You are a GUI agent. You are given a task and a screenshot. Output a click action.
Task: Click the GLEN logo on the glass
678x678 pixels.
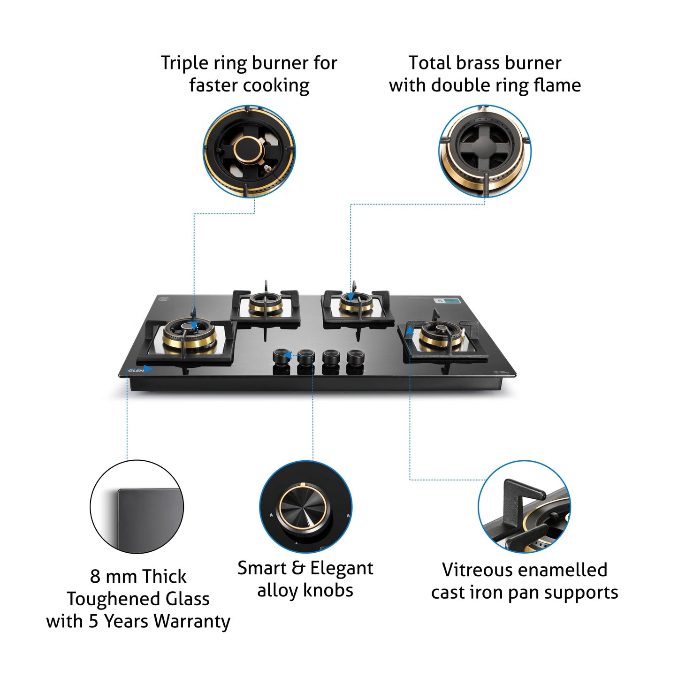[136, 370]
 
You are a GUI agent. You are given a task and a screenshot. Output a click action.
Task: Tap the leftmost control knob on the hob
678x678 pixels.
[281, 357]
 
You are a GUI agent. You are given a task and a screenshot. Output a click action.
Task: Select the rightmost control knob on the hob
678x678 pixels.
[355, 358]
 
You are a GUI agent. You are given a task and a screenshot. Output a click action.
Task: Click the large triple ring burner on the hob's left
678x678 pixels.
[190, 335]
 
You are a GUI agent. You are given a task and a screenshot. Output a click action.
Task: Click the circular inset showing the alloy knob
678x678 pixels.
[306, 507]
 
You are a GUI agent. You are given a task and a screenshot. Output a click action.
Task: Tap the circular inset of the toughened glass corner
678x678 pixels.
[137, 507]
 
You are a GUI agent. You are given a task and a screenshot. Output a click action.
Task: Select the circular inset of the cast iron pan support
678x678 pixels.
[524, 507]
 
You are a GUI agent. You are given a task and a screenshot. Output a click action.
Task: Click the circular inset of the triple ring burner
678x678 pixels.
[249, 151]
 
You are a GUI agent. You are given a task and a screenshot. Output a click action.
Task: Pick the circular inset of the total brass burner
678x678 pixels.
[485, 151]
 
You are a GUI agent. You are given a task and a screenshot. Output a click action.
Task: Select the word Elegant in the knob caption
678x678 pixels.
[342, 568]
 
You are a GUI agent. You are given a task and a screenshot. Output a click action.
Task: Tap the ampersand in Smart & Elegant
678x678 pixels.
[298, 568]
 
